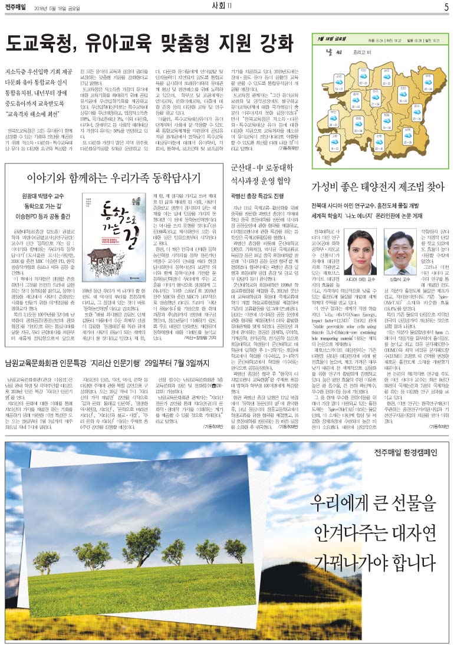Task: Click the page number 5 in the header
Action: (446, 7)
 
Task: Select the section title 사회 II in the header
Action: (225, 7)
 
